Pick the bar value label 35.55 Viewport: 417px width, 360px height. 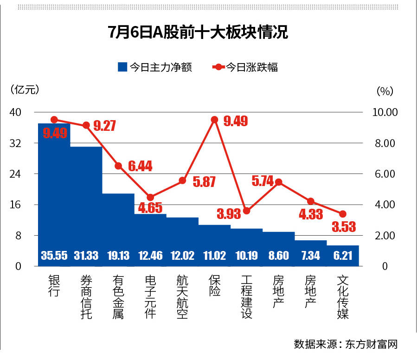click(x=54, y=255)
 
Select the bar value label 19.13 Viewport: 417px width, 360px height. click(x=118, y=255)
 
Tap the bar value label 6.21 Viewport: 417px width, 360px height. click(x=343, y=255)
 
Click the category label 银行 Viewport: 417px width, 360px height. click(x=54, y=287)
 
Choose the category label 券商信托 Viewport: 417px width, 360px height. click(x=86, y=297)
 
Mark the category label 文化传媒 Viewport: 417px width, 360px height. click(x=343, y=297)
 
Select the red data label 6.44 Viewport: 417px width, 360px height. click(x=140, y=166)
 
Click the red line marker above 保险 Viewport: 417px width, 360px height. click(x=214, y=120)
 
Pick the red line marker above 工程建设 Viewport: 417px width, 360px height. click(x=247, y=211)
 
